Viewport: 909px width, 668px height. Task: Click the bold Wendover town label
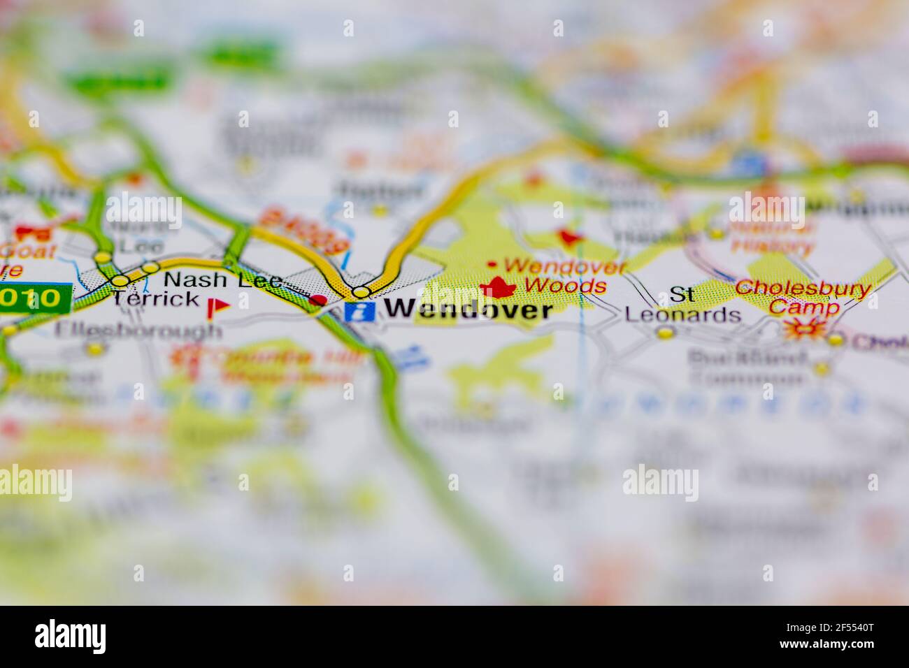(468, 309)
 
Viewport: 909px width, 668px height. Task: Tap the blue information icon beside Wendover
(359, 310)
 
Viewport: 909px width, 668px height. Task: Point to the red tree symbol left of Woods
(498, 286)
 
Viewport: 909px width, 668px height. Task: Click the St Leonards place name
(682, 305)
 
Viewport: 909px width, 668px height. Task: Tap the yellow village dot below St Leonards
(665, 333)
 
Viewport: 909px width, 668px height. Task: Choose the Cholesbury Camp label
(803, 297)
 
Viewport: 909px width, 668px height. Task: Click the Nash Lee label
(222, 280)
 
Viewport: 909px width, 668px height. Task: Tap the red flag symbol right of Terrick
(219, 306)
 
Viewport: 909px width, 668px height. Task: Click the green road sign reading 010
(35, 298)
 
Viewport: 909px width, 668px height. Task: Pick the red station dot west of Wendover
(318, 300)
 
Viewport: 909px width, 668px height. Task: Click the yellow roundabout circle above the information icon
(361, 291)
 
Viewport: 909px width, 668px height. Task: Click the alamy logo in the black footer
(70, 637)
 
